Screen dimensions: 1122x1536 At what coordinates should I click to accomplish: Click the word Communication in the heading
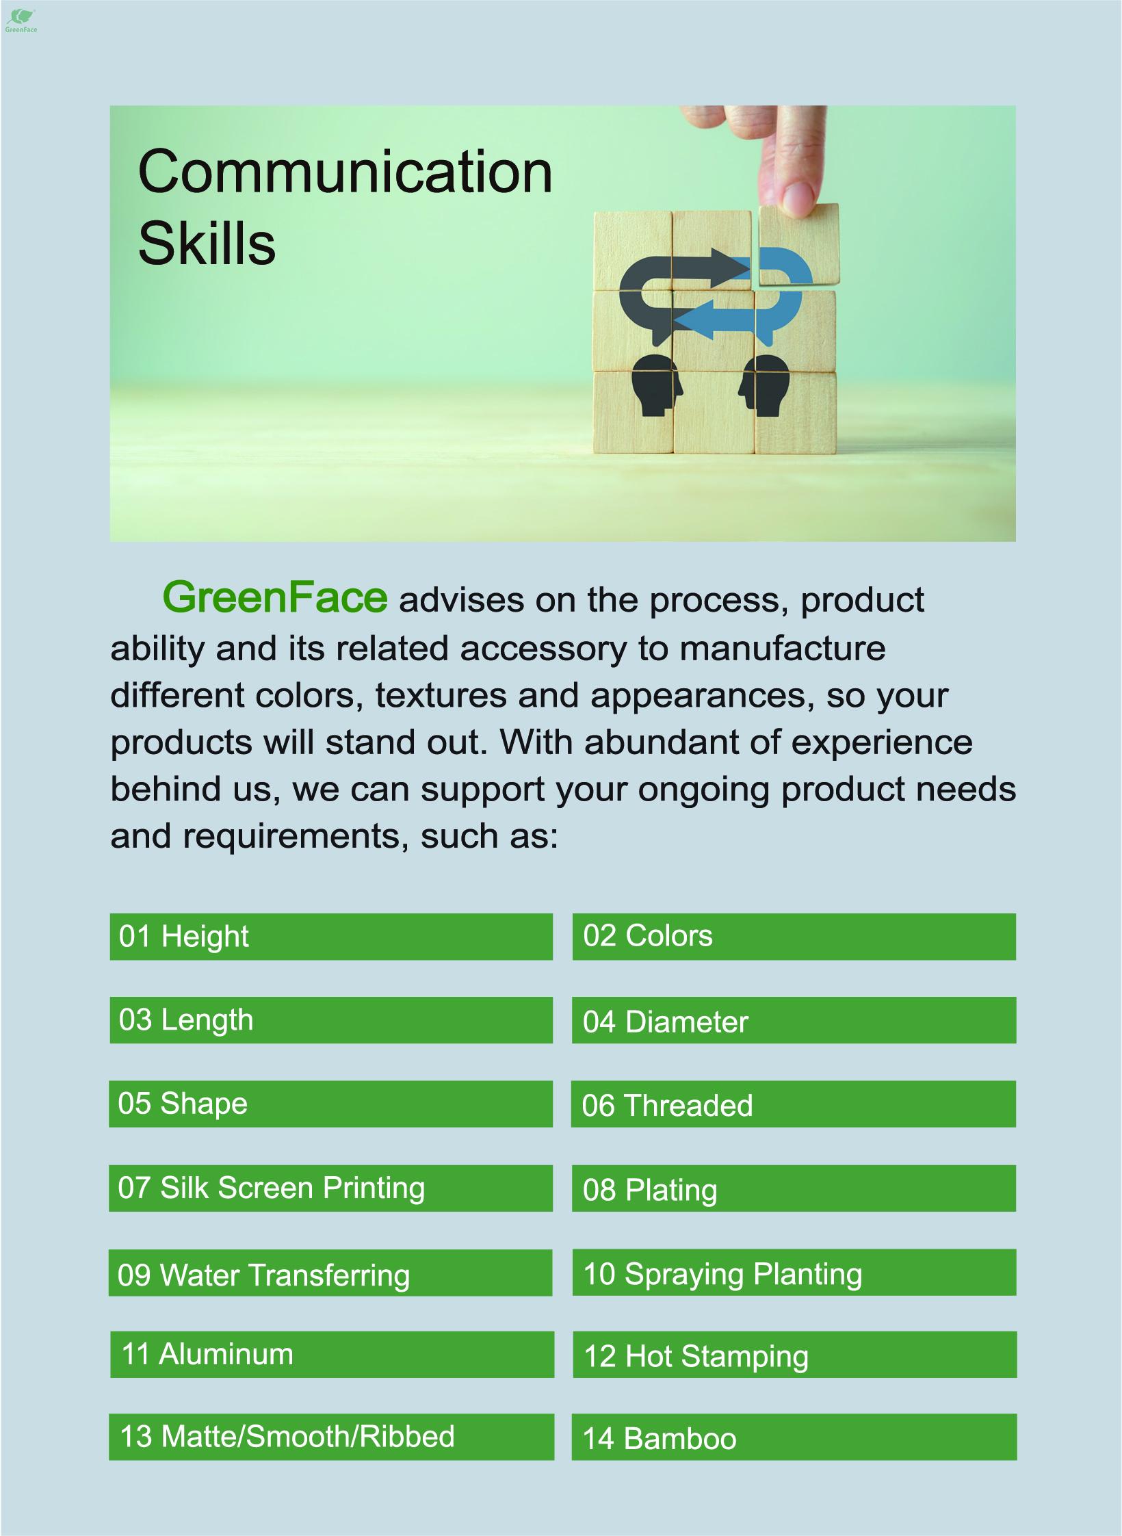click(x=345, y=172)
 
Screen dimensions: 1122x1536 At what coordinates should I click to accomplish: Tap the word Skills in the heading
click(x=207, y=244)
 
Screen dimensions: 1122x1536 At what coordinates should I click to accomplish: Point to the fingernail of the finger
click(x=796, y=199)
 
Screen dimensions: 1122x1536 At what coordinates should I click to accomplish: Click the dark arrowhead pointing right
click(x=727, y=267)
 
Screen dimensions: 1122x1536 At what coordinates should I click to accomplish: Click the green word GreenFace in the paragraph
click(x=275, y=597)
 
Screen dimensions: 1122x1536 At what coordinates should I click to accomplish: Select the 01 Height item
click(x=331, y=937)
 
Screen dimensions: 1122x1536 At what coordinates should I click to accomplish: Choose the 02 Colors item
click(x=794, y=937)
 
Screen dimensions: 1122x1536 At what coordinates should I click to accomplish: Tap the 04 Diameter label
click(x=665, y=1022)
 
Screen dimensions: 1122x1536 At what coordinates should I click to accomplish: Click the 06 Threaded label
click(x=667, y=1106)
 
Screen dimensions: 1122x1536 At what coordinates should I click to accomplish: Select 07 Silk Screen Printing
click(x=271, y=1188)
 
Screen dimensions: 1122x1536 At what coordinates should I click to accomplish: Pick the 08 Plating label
click(x=650, y=1190)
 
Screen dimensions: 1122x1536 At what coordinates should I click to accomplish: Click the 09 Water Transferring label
click(x=263, y=1275)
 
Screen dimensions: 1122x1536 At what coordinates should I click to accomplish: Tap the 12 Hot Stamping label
click(x=696, y=1357)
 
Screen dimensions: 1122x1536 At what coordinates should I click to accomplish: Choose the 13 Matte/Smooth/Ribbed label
click(x=287, y=1437)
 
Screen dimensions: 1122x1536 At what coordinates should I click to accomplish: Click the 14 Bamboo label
click(x=660, y=1439)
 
